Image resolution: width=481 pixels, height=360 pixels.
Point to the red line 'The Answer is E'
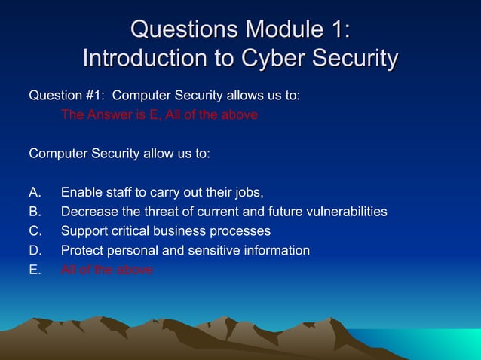pos(159,115)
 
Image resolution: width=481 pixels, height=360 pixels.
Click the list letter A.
pos(35,192)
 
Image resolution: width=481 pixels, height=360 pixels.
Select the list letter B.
pos(35,212)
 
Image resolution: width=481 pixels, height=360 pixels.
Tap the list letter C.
pos(35,231)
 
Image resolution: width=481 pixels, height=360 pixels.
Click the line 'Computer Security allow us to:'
pos(119,154)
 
